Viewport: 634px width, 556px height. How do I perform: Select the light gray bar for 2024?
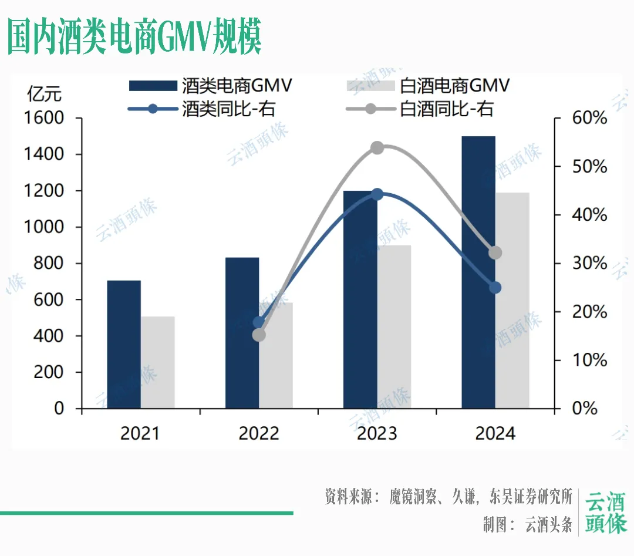(x=512, y=300)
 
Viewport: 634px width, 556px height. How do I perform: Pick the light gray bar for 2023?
(x=394, y=326)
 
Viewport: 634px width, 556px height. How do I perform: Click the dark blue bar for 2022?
(x=242, y=332)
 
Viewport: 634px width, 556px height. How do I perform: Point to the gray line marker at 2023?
(x=377, y=147)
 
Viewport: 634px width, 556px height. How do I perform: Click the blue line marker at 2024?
(x=495, y=288)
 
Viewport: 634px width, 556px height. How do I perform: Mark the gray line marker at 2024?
(x=495, y=253)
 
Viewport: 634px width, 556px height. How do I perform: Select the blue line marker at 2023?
(x=377, y=194)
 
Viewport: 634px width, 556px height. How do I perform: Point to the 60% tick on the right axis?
(x=589, y=118)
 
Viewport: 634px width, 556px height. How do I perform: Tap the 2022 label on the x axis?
(x=258, y=434)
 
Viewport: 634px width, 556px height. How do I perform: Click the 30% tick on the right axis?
(x=589, y=263)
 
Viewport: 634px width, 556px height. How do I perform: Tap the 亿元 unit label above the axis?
(x=44, y=93)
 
